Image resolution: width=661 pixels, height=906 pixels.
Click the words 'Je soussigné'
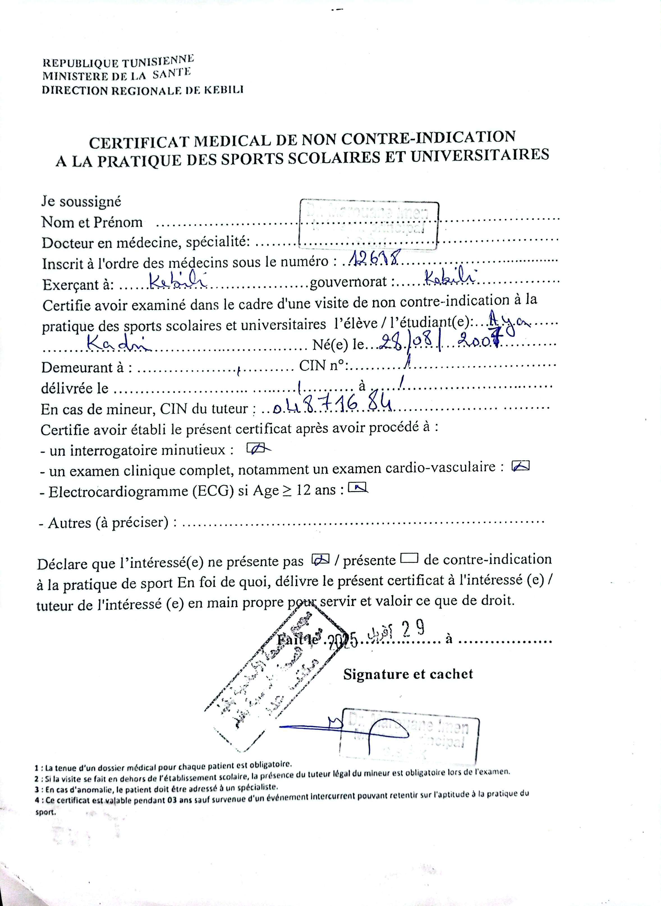[x=81, y=201]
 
